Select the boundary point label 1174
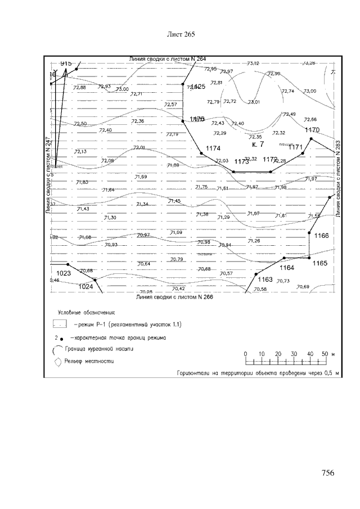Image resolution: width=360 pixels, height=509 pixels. click(x=213, y=147)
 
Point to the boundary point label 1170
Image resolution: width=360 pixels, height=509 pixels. click(x=312, y=130)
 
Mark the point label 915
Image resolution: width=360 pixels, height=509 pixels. click(x=66, y=64)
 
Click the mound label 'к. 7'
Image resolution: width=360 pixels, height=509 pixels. click(x=258, y=145)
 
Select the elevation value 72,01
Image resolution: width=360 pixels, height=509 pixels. click(x=138, y=147)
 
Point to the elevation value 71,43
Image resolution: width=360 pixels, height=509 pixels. click(x=83, y=209)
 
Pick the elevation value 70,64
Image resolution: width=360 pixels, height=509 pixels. click(x=143, y=264)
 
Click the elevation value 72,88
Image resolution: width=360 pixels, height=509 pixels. click(x=79, y=87)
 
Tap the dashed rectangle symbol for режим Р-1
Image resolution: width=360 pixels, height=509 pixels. click(x=60, y=325)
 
